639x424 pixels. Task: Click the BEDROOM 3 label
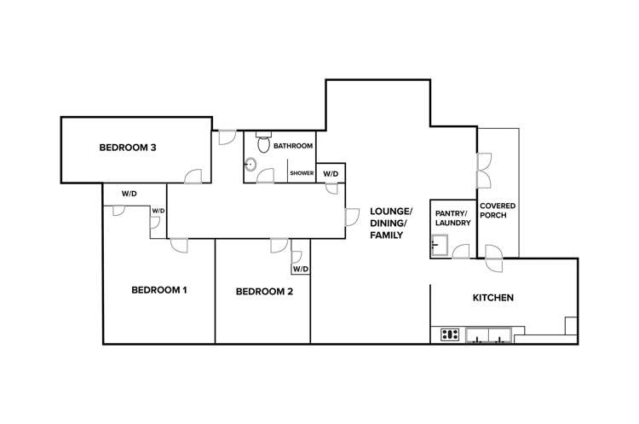coord(127,148)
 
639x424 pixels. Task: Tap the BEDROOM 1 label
coord(158,290)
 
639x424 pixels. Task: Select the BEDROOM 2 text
coord(264,291)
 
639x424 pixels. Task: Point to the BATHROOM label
coord(293,147)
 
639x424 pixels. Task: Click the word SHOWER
coord(302,173)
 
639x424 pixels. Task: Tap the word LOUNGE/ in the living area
coord(390,212)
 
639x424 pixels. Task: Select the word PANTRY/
coord(449,212)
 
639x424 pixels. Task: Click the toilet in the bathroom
coord(263,142)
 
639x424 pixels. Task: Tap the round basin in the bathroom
coord(251,165)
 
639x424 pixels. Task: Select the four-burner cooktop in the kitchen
coord(450,334)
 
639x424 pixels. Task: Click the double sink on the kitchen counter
coord(489,334)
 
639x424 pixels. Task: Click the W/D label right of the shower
coord(331,174)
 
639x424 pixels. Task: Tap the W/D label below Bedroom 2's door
coord(300,269)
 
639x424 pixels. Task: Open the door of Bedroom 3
coord(194,175)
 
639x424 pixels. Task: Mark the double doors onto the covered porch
coord(484,169)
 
